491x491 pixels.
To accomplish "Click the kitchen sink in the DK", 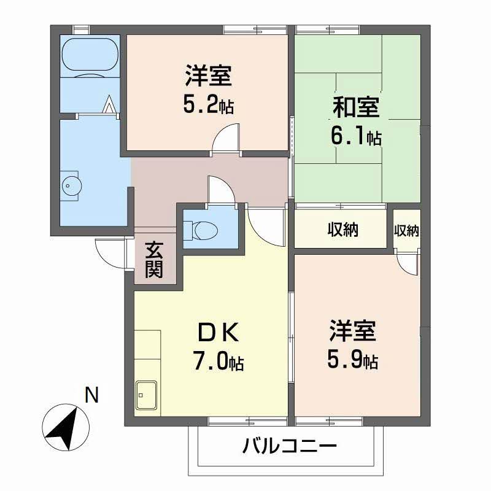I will point(147,393).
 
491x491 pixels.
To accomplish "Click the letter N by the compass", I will point(91,395).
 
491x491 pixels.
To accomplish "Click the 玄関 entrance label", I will point(154,260).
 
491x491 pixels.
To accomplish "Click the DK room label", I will point(214,333).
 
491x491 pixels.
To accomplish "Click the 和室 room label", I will point(355,107).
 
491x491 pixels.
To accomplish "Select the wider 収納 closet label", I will point(342,230).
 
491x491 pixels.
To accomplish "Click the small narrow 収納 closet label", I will point(406,231).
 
